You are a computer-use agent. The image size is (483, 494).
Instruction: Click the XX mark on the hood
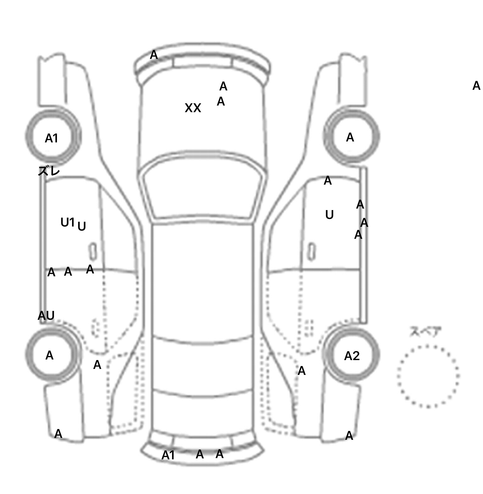pos(193,108)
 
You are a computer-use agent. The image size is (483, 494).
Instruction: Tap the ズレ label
pos(49,171)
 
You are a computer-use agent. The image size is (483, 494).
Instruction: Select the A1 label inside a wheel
pos(52,138)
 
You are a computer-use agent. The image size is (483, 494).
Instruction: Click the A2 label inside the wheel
pos(352,356)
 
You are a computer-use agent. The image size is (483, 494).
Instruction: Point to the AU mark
pos(46,315)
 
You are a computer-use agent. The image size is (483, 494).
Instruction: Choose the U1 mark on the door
pos(68,222)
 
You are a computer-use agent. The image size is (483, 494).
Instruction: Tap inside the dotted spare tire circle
pos(428,376)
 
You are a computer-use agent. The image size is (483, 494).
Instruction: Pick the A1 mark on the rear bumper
pos(168,455)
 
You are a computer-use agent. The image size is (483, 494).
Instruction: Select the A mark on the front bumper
pos(154,55)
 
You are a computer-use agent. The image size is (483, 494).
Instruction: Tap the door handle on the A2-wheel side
pos(312,252)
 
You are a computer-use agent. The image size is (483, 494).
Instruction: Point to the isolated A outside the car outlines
pos(476,86)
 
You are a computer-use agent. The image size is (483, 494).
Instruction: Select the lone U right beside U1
pos(82,227)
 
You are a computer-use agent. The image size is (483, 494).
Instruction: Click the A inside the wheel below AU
pos(49,355)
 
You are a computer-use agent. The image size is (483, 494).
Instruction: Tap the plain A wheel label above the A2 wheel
pos(350,137)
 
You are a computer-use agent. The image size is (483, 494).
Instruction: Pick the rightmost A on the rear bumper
pos(219,454)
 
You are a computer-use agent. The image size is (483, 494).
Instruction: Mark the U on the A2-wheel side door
pos(329,215)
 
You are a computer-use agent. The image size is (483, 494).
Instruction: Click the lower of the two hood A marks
pos(221,101)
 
